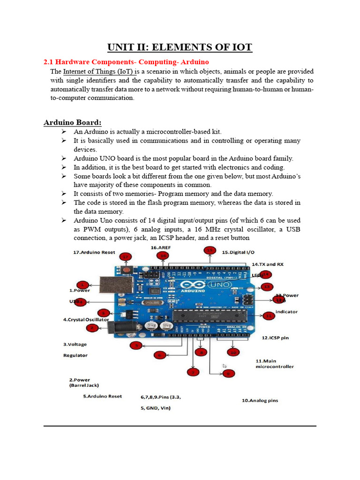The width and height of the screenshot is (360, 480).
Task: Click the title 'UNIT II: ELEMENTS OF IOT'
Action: coord(180,47)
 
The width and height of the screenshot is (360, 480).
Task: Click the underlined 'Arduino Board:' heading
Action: coord(73,123)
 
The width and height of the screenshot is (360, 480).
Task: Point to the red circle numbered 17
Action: coord(125,256)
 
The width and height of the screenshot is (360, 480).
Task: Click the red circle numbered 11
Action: coord(269,316)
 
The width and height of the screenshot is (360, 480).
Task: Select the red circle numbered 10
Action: coord(233,352)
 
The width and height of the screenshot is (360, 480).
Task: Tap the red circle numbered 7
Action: coord(192,372)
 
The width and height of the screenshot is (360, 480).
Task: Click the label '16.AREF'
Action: coord(160,247)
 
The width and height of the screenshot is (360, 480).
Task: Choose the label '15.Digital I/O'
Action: coord(238,252)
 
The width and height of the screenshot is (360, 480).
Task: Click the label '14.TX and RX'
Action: coord(268,264)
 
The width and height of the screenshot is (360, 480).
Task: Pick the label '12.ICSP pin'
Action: coord(275,337)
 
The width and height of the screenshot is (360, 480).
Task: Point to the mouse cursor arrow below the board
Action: coord(225,366)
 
